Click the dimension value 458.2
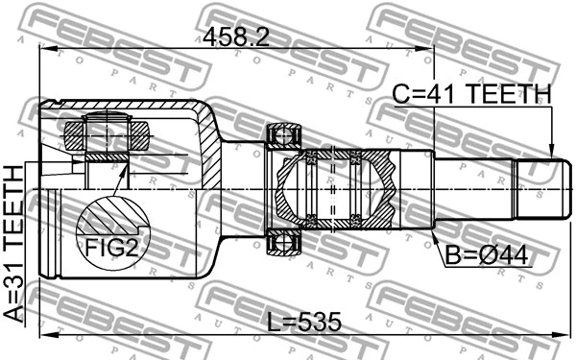coord(236,36)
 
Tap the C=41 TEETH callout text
coord(472,94)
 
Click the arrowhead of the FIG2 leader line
coord(129,165)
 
